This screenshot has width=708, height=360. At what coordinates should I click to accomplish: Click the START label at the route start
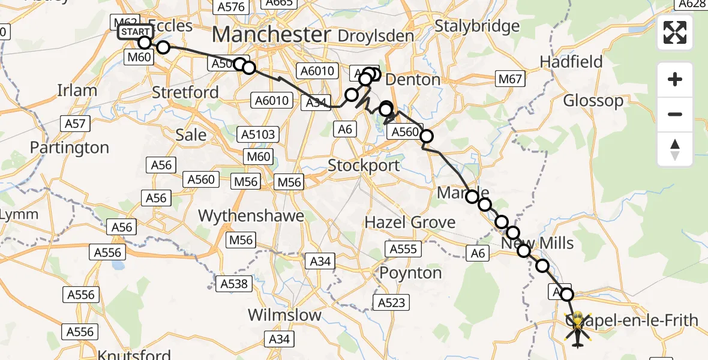[134, 32]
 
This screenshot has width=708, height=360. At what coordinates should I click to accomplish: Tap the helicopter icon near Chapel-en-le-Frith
[577, 329]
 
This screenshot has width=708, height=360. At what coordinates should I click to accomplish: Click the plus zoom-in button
[675, 79]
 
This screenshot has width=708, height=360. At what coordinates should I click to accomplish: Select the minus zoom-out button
[675, 114]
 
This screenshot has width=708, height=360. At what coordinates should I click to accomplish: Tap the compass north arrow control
[675, 149]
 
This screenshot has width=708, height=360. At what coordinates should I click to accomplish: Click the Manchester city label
[271, 34]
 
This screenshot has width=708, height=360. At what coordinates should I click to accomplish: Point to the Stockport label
[364, 165]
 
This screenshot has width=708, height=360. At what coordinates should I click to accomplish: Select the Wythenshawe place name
[251, 216]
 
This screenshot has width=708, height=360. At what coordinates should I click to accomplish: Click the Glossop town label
[593, 100]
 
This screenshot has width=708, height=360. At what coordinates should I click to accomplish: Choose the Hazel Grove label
[410, 223]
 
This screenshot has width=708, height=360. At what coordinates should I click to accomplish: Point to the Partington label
[70, 148]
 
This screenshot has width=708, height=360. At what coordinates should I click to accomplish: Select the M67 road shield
[511, 79]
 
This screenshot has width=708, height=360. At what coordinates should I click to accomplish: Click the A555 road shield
[403, 248]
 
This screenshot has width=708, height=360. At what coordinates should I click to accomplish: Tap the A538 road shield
[234, 283]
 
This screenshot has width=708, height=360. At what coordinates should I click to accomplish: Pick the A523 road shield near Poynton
[392, 302]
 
